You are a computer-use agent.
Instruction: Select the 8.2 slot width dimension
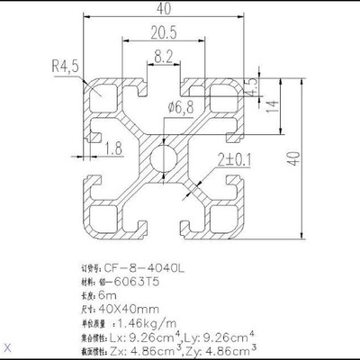[164, 56]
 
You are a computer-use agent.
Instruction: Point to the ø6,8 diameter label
[181, 109]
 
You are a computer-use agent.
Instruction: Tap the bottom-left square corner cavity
[102, 220]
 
